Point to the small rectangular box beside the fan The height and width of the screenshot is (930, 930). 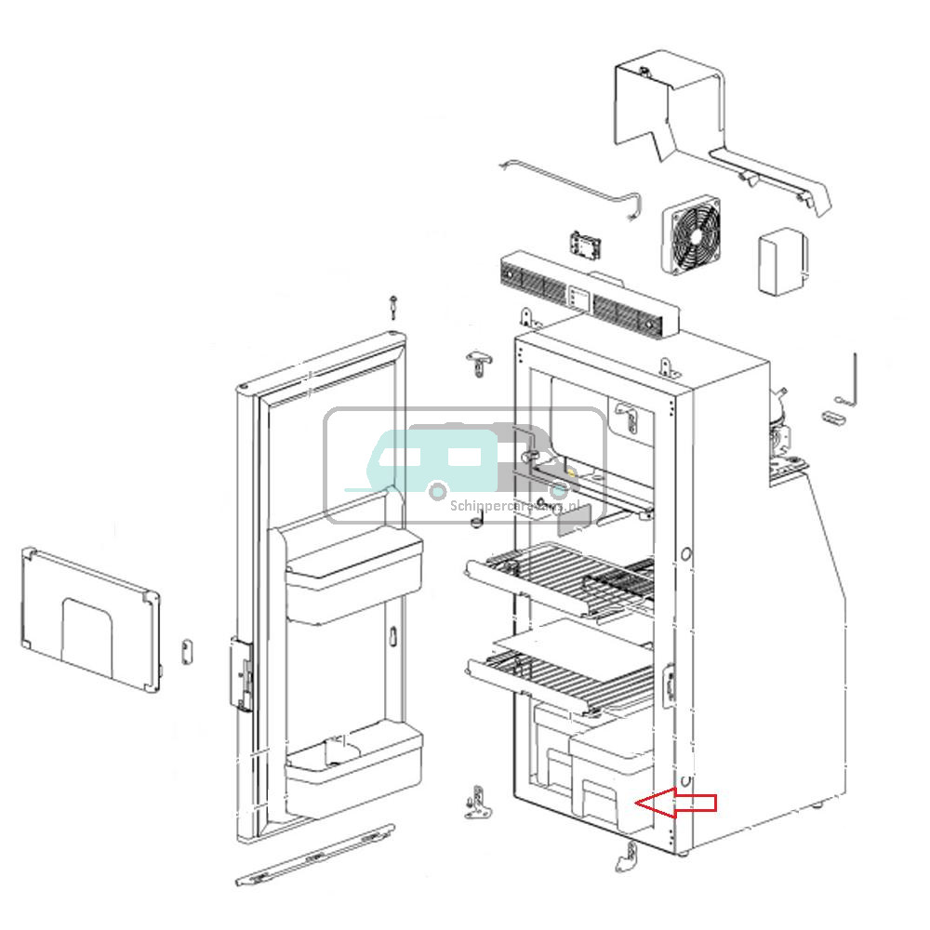[782, 262]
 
